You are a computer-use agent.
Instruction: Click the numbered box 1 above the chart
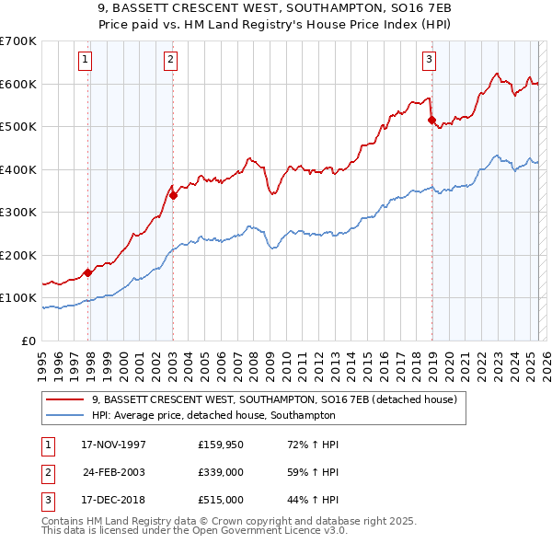(x=85, y=61)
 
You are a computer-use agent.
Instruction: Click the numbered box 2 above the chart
(x=171, y=61)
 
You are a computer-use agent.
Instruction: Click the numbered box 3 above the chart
(x=429, y=61)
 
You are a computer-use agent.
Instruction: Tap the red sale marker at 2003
(x=173, y=195)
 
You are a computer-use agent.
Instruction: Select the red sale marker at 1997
(x=88, y=272)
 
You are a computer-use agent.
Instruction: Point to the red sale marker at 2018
(x=431, y=120)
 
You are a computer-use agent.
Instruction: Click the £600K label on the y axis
(x=18, y=84)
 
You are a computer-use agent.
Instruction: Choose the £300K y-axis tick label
(x=18, y=212)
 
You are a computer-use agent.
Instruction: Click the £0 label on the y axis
(x=27, y=341)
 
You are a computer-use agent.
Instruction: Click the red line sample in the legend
(x=66, y=400)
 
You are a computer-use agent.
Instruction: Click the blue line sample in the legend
(x=66, y=416)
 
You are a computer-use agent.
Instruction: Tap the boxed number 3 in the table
(x=45, y=500)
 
